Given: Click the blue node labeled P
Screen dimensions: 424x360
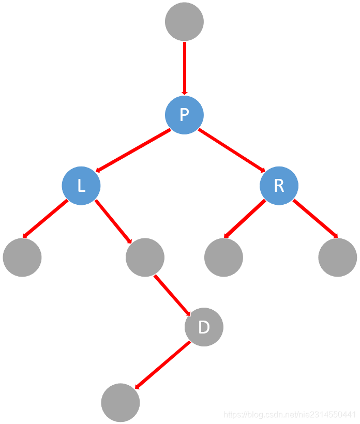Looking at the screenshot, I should pyautogui.click(x=184, y=115).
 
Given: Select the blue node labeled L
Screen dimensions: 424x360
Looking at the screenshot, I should pyautogui.click(x=81, y=186).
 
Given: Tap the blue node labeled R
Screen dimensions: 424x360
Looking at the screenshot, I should pyautogui.click(x=279, y=186).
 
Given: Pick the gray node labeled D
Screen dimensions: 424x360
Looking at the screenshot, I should pyautogui.click(x=204, y=327).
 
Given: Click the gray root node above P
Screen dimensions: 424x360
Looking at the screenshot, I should pyautogui.click(x=184, y=22).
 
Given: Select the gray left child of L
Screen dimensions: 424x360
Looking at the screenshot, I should pyautogui.click(x=22, y=257).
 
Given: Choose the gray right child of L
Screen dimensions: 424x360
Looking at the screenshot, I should pyautogui.click(x=145, y=257).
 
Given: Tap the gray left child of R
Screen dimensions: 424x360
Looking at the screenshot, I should pyautogui.click(x=223, y=257).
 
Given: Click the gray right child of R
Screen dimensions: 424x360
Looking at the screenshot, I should pyautogui.click(x=337, y=257).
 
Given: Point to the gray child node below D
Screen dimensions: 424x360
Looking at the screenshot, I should pyautogui.click(x=121, y=402).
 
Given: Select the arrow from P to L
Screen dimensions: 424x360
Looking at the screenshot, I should pyautogui.click(x=133, y=150).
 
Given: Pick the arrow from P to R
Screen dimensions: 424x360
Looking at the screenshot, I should pyautogui.click(x=232, y=150).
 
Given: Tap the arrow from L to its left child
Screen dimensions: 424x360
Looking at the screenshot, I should pyautogui.click(x=46, y=219).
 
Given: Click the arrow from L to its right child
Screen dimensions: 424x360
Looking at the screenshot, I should pyautogui.click(x=114, y=221).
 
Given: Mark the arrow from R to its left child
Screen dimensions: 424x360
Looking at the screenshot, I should pyautogui.click(x=245, y=219).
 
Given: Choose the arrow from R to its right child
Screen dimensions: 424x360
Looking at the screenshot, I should pyautogui.click(x=316, y=219).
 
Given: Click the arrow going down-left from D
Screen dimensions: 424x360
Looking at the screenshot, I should pyautogui.click(x=162, y=365).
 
